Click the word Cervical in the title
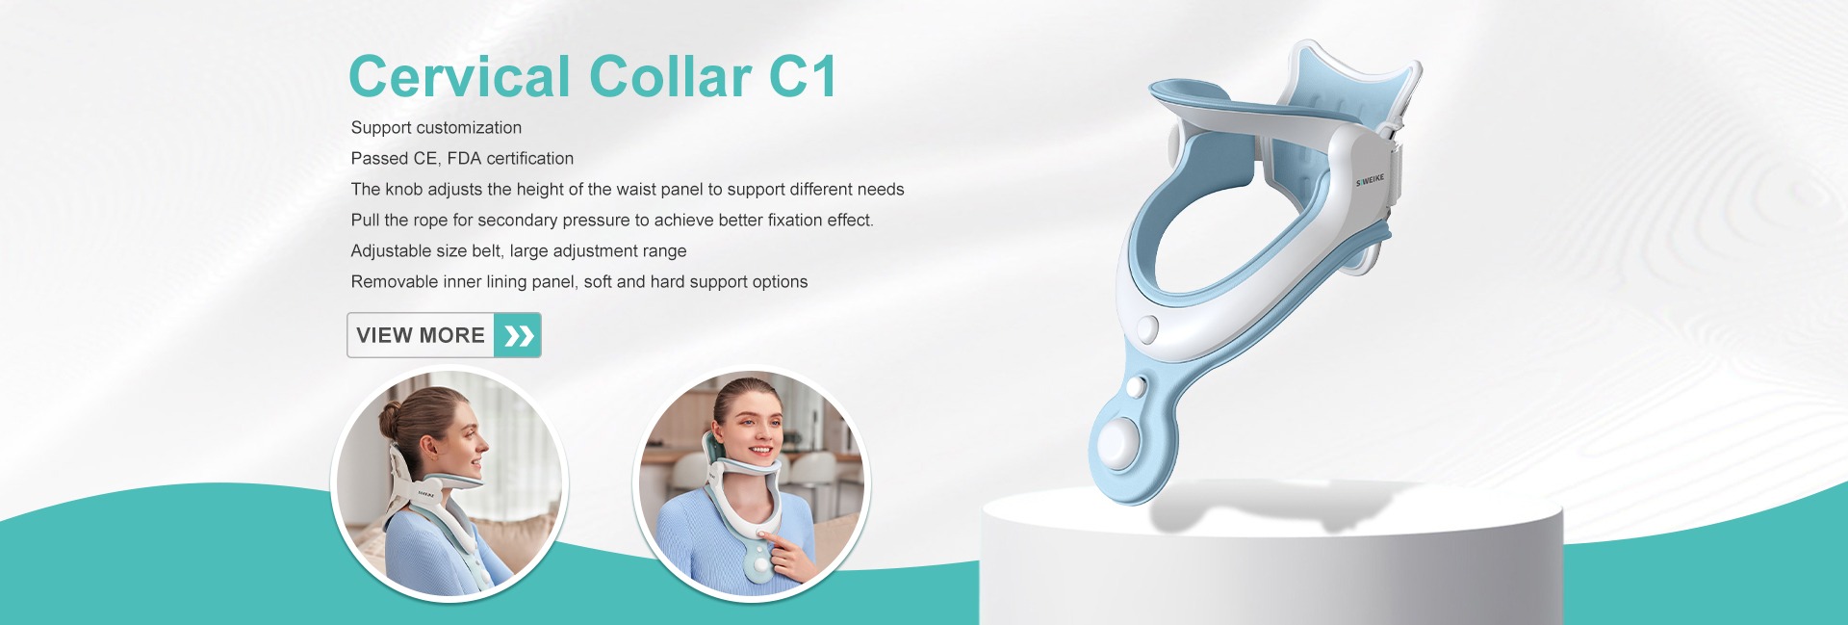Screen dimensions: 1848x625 tap(460, 76)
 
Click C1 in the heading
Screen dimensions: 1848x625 tap(803, 76)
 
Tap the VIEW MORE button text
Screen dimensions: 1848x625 tap(421, 335)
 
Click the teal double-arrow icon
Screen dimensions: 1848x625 tap(518, 335)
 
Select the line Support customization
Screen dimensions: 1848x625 tap(436, 128)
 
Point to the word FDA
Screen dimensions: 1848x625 tap(464, 159)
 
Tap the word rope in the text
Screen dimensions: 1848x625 tap(430, 221)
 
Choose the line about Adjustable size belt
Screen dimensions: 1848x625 tap(519, 251)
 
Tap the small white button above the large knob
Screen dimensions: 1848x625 tap(1136, 387)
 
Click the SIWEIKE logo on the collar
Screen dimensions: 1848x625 tap(1370, 180)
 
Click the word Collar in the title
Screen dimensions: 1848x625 tap(671, 76)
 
